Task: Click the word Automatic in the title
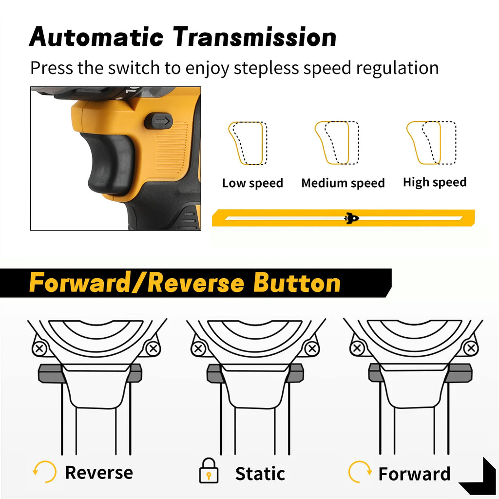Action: click(x=96, y=37)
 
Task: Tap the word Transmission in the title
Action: click(x=255, y=37)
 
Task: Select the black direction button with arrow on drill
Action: click(x=159, y=121)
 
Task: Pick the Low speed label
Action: click(x=252, y=183)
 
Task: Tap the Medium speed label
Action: click(x=343, y=183)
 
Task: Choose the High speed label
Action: click(x=435, y=182)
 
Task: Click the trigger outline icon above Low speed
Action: click(x=247, y=143)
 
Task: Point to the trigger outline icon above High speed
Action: click(x=431, y=143)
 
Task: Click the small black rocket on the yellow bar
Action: click(x=351, y=218)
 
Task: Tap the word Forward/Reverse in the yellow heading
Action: click(x=135, y=283)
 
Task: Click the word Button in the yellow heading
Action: click(x=297, y=283)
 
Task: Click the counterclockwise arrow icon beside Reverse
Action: click(x=44, y=472)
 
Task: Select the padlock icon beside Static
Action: click(x=209, y=471)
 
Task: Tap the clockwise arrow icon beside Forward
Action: click(x=360, y=472)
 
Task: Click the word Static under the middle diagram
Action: click(x=260, y=474)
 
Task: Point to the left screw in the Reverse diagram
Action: click(x=39, y=348)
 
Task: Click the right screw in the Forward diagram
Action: click(x=471, y=348)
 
